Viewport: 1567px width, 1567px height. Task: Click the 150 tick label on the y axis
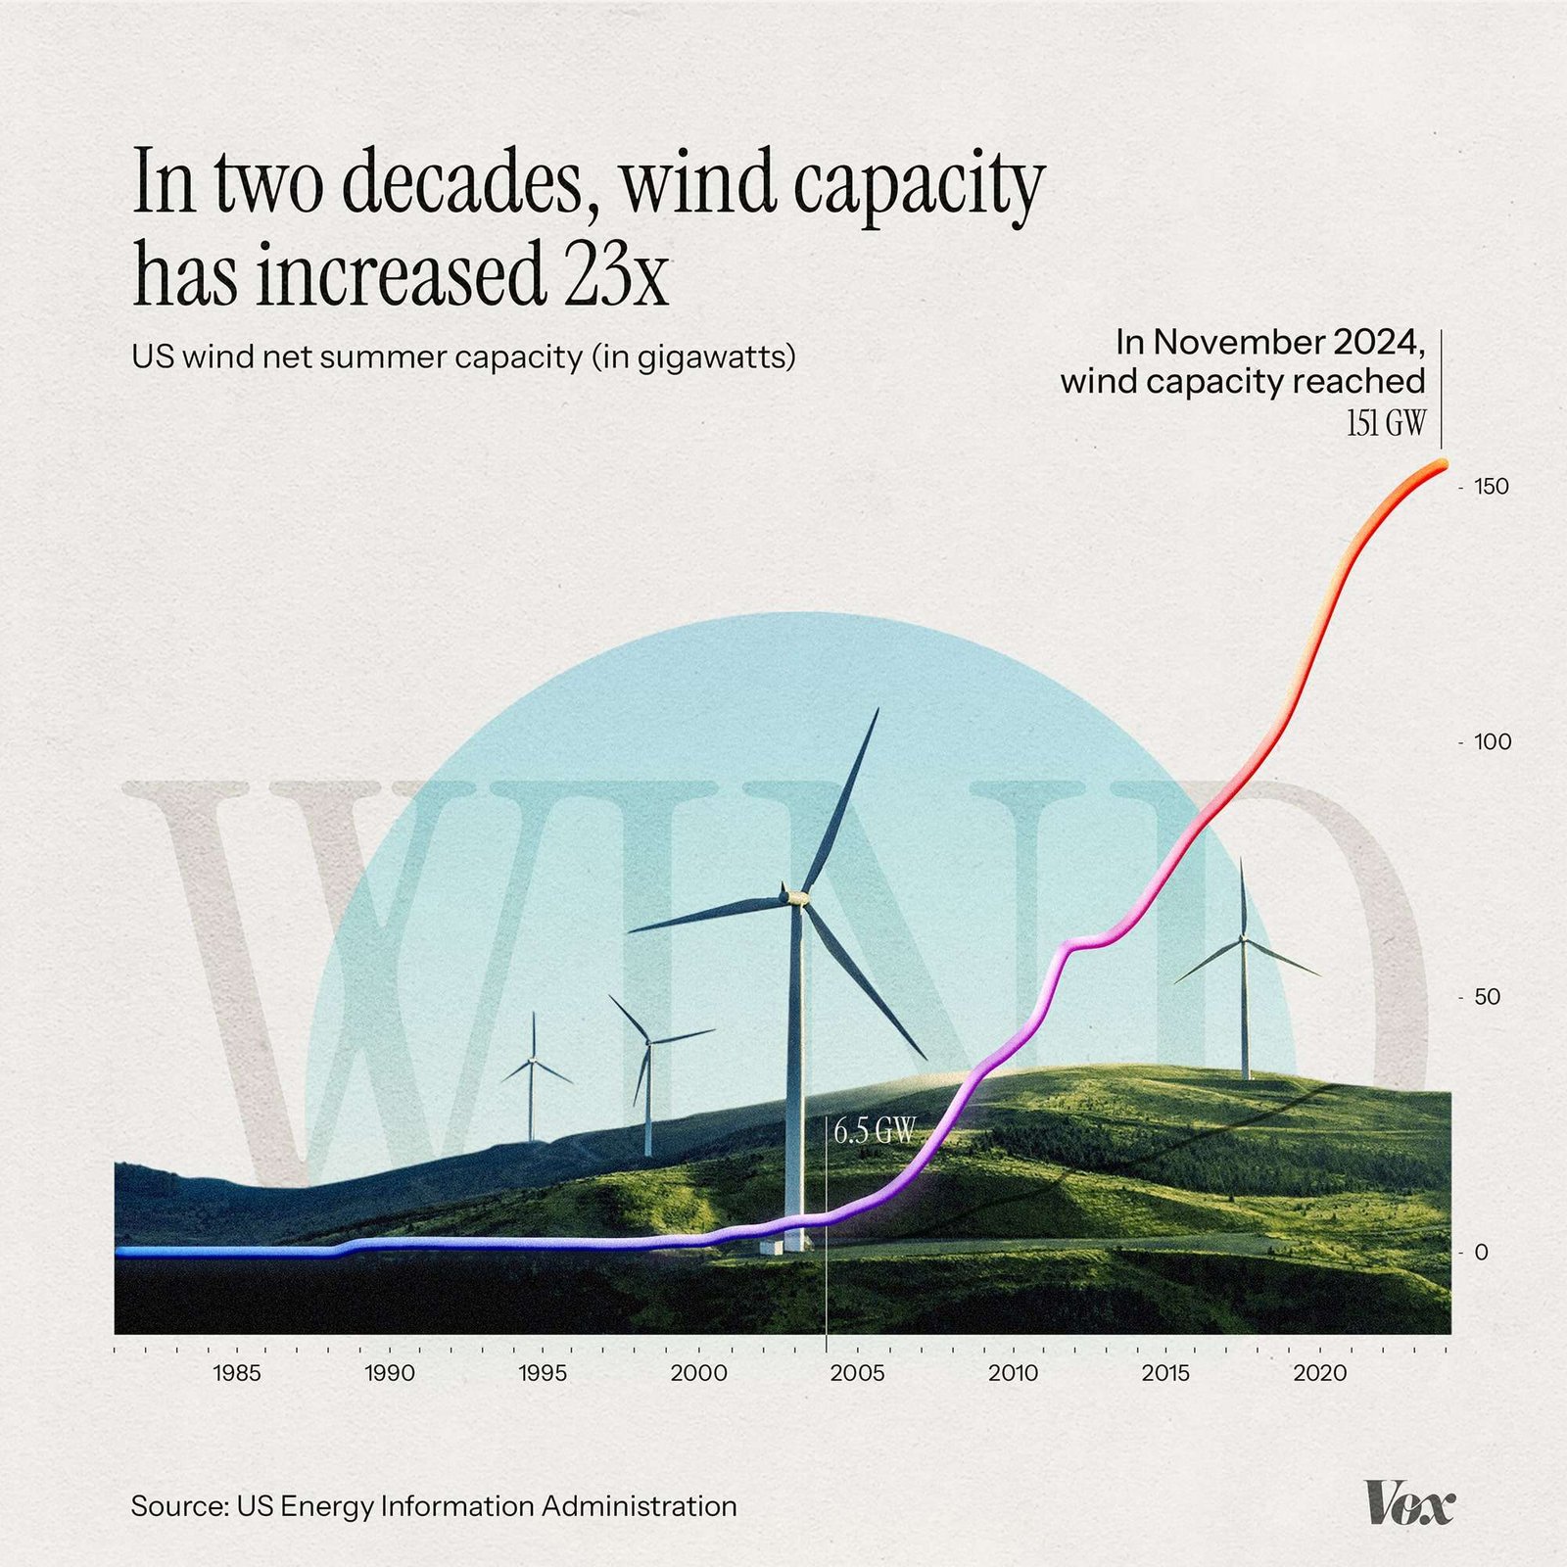[x=1491, y=487]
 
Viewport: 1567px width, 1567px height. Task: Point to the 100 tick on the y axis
[x=1492, y=742]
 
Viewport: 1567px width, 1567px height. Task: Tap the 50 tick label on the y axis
[x=1487, y=997]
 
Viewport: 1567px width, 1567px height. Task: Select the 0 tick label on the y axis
[x=1482, y=1253]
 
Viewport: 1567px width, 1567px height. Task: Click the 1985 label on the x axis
[x=236, y=1373]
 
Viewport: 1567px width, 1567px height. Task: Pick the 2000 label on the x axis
[x=698, y=1373]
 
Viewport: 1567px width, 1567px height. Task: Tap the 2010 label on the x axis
[x=1013, y=1373]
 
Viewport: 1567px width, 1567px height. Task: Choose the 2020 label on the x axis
[x=1320, y=1373]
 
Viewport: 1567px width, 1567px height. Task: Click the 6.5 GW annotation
[x=874, y=1133]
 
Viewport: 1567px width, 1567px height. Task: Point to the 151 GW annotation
[x=1386, y=424]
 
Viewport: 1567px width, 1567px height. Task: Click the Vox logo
[x=1409, y=1502]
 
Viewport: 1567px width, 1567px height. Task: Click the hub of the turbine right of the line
[x=1244, y=939]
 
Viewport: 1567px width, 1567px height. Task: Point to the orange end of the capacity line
[x=1441, y=466]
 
